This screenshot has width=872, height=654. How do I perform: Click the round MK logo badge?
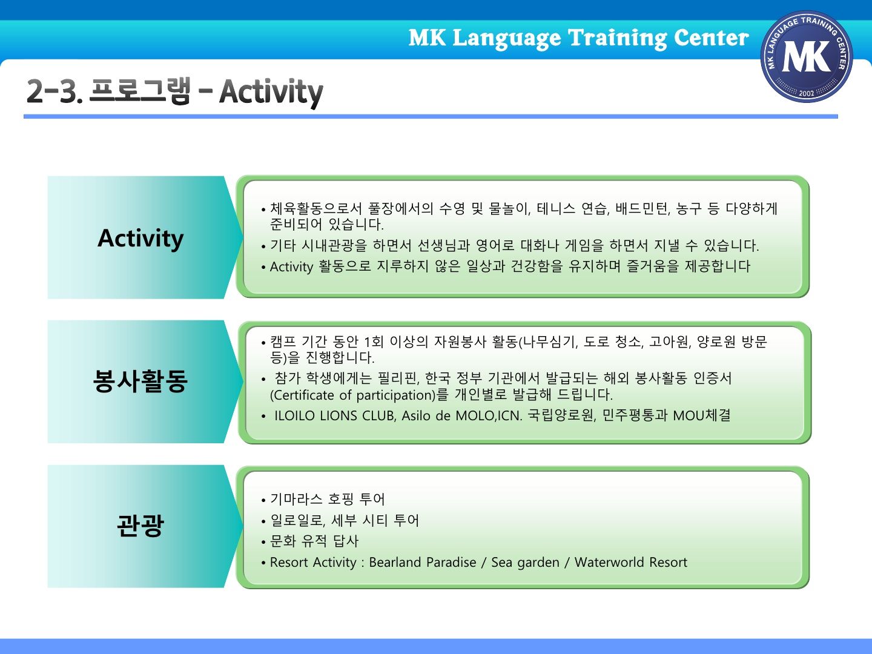click(x=807, y=57)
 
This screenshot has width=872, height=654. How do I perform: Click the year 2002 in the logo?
click(x=807, y=93)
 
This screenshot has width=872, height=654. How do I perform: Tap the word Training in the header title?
click(x=617, y=39)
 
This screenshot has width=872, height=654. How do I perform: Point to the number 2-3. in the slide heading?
click(x=55, y=91)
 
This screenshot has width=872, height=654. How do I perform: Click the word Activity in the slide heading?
click(x=271, y=93)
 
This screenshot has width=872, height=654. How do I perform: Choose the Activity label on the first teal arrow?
click(x=140, y=238)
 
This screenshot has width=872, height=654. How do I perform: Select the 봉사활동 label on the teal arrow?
click(x=140, y=381)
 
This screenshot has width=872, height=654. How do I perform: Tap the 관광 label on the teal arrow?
click(x=140, y=526)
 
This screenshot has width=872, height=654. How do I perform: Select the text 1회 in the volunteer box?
click(x=374, y=342)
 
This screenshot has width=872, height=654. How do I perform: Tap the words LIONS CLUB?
click(x=358, y=416)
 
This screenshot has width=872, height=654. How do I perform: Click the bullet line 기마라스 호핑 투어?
click(x=328, y=499)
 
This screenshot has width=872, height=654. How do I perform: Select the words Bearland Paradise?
click(x=423, y=563)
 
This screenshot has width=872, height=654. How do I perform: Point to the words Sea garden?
click(x=525, y=563)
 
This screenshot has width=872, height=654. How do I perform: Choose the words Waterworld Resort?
click(x=631, y=563)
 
